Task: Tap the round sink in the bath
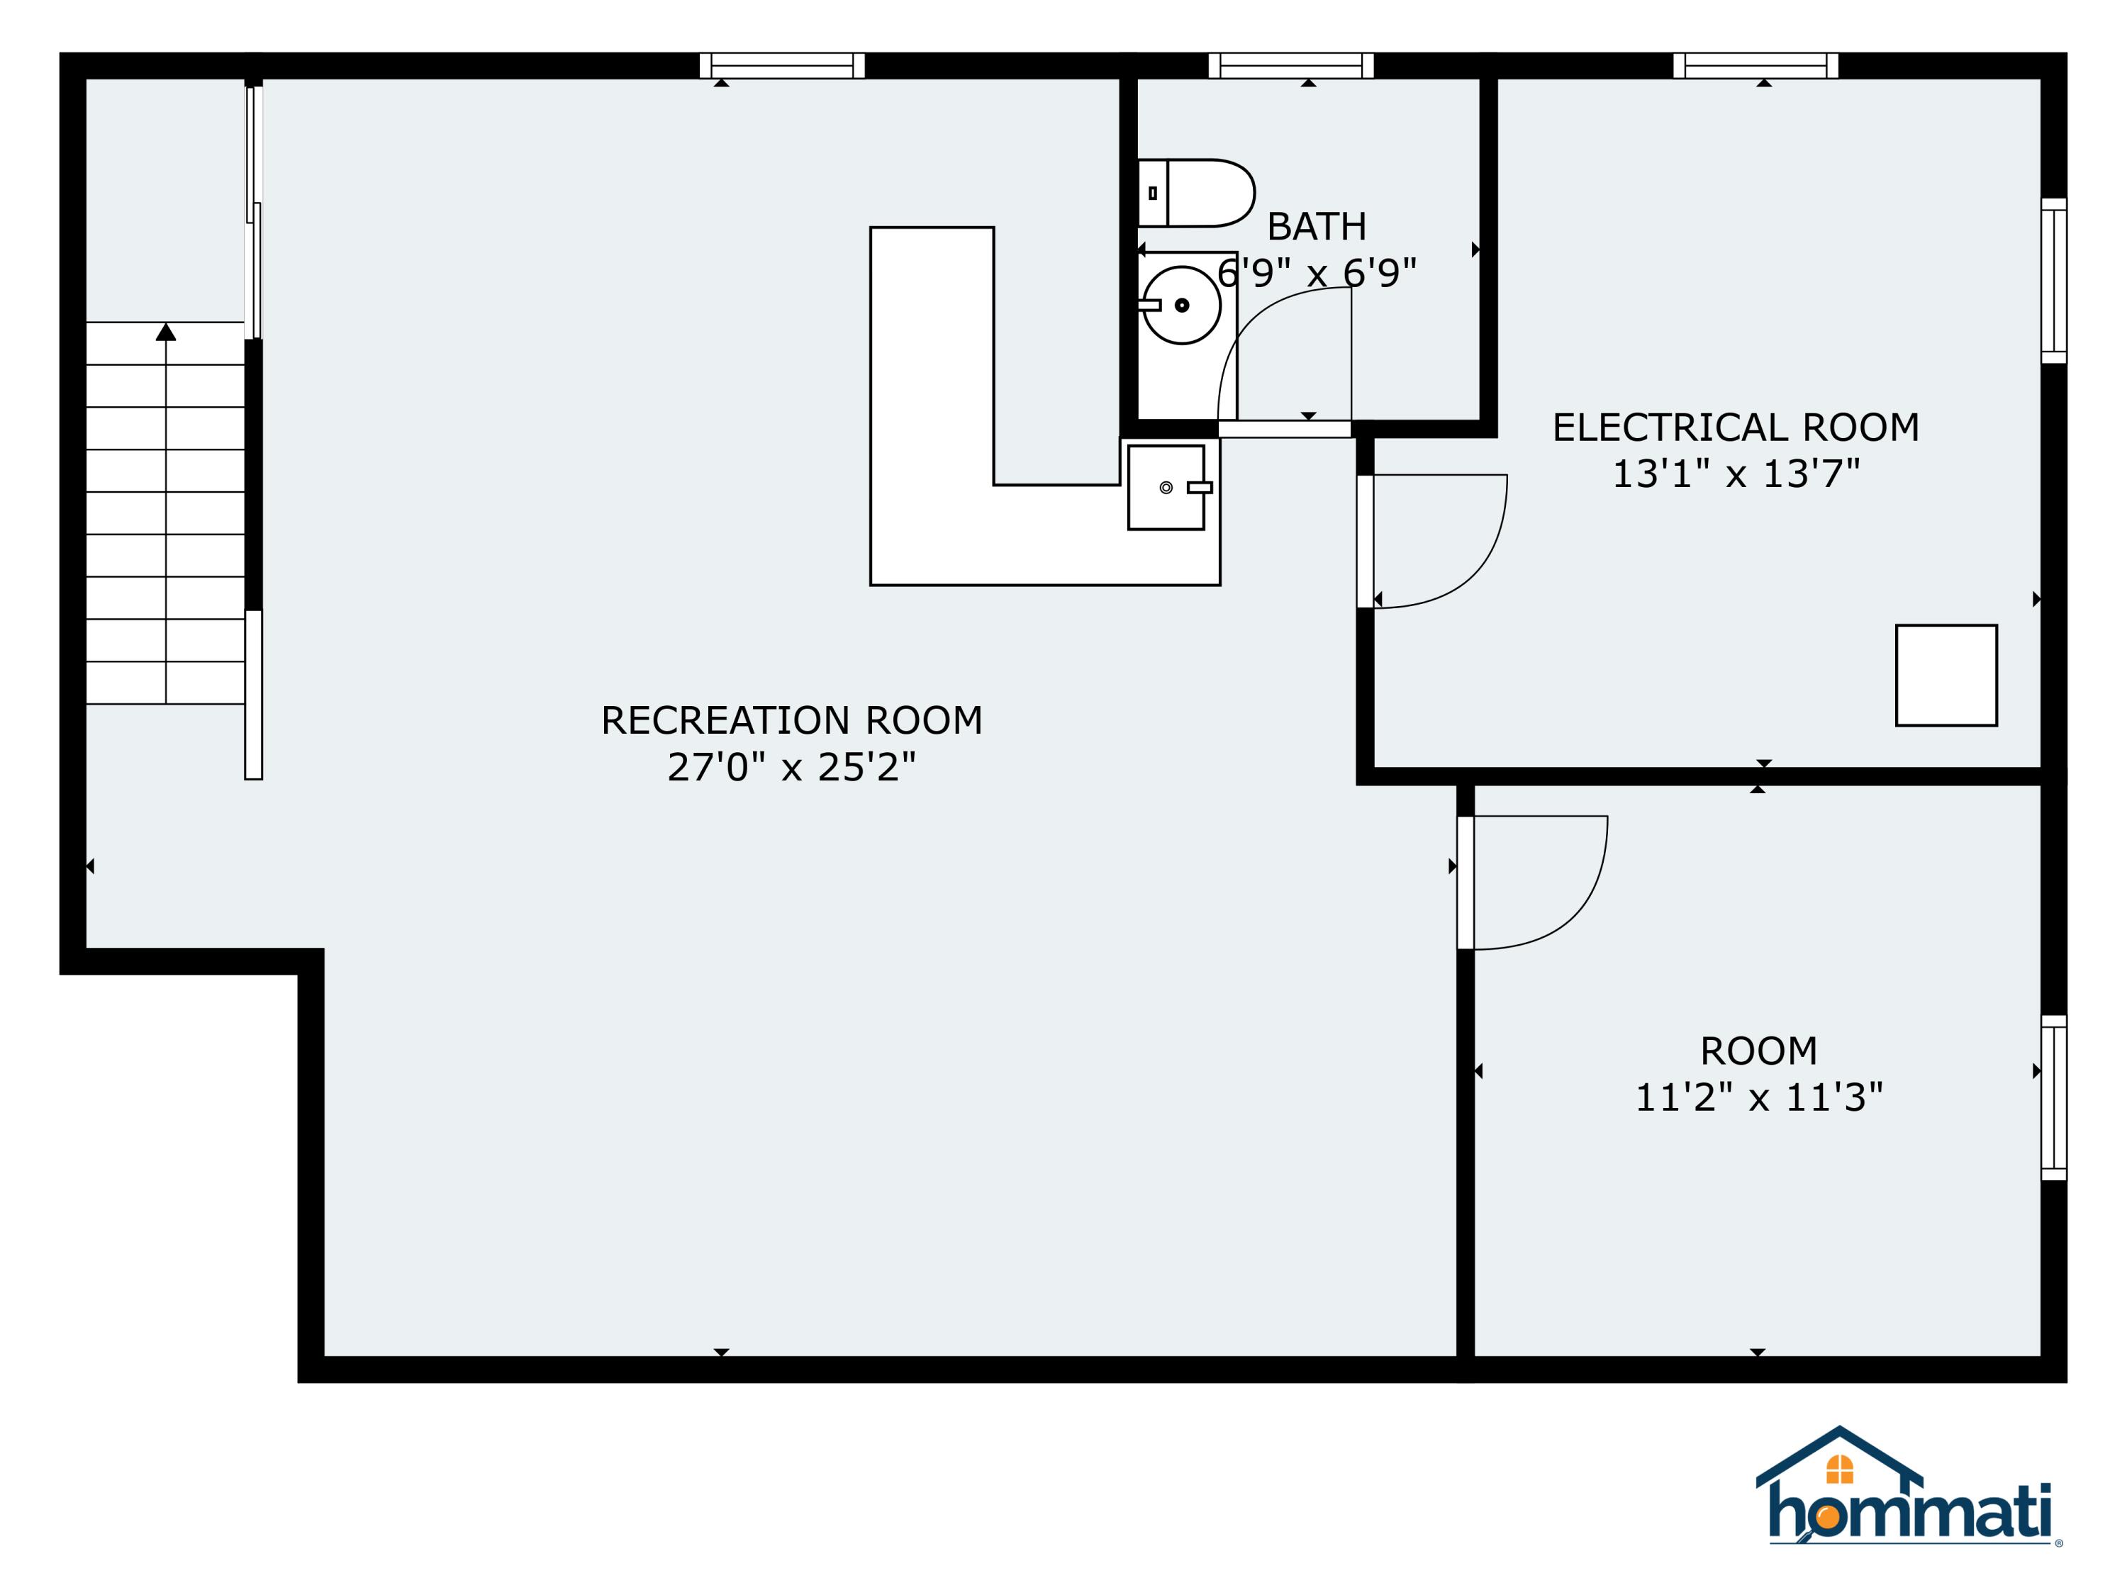[x=1182, y=305]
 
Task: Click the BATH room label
[x=1317, y=227]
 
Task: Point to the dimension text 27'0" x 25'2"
[x=791, y=767]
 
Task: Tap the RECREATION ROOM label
[x=791, y=721]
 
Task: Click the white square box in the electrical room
[x=1946, y=676]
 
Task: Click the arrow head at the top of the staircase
[x=167, y=332]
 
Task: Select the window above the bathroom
[x=1290, y=65]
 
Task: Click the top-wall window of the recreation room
[x=782, y=65]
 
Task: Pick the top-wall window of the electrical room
[x=1755, y=65]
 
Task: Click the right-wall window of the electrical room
[x=2053, y=281]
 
